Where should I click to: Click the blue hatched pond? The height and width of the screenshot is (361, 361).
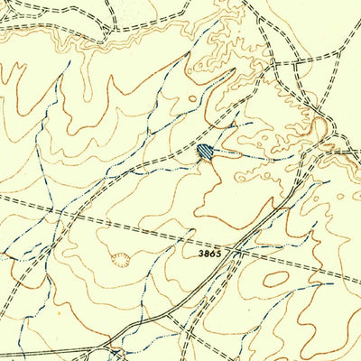207,152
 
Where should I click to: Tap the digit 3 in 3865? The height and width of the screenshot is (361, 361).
201,255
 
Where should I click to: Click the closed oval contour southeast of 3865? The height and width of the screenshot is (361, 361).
276,279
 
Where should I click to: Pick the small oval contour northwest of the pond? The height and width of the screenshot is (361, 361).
192,98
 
